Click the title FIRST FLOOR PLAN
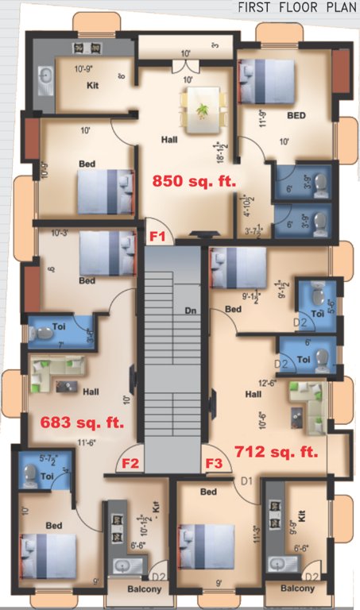pos(298,8)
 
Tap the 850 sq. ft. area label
pos(195,180)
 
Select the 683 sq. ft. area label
pos(76,422)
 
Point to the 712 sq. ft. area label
pos(277,452)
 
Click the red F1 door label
pos(157,236)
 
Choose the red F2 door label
pos(131,463)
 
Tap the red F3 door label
pos(214,463)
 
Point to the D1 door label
pos(246,481)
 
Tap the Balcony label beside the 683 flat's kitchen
pos(145,589)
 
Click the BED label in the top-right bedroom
pos(296,115)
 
